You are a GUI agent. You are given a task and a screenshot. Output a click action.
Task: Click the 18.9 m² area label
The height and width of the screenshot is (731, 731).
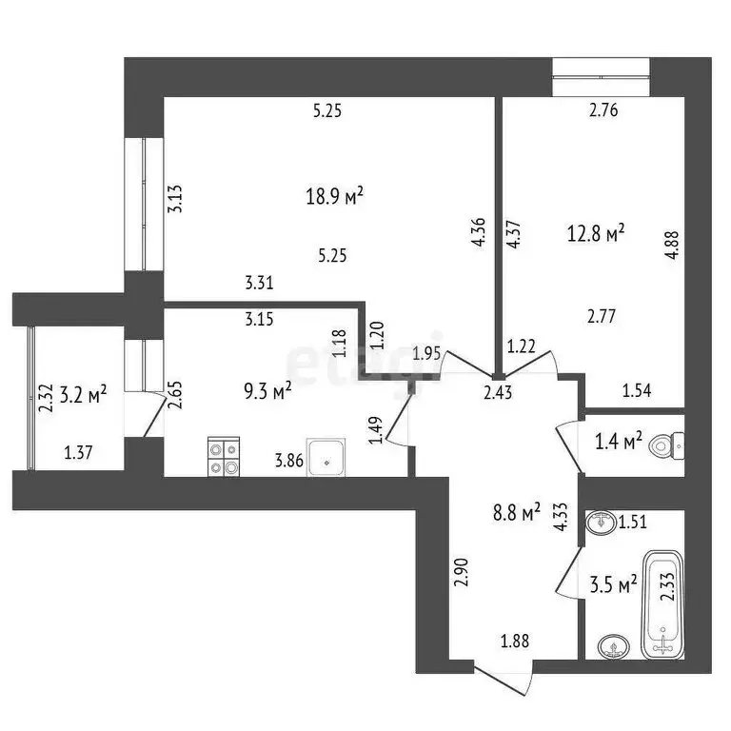(x=333, y=198)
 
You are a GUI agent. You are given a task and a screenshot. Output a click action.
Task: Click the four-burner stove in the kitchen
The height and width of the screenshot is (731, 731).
(x=223, y=457)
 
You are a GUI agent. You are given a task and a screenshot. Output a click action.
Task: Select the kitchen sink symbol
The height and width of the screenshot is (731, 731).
(x=326, y=459)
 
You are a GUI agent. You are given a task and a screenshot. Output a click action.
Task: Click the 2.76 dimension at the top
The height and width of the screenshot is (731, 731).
(x=603, y=110)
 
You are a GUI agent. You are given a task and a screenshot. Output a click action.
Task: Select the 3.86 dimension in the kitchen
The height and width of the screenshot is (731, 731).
(x=289, y=462)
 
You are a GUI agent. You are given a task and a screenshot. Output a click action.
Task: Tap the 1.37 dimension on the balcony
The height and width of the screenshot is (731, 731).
(x=79, y=453)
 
